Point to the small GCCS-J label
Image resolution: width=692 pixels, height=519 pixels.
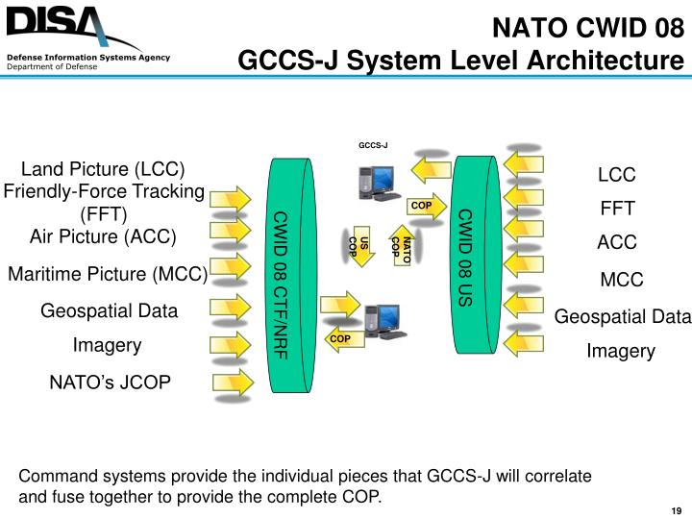[x=373, y=146]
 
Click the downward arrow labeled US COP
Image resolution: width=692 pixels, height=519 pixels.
[x=356, y=247]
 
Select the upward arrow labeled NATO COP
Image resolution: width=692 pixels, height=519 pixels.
[x=402, y=247]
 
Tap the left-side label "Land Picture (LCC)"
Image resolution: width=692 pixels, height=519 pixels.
[x=103, y=169]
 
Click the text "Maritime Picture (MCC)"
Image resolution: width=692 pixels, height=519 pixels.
[x=108, y=274]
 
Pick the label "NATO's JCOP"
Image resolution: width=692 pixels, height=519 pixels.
[x=110, y=383]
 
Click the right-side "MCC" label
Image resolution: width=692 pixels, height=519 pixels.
[x=621, y=280]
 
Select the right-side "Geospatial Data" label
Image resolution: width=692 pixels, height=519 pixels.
[x=623, y=317]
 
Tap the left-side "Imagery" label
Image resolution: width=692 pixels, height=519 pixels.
[x=108, y=345]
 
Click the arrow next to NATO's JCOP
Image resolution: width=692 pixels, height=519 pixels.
[x=232, y=382]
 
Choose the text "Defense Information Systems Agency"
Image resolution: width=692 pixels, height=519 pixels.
[x=88, y=58]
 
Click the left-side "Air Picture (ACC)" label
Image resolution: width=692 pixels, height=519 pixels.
[x=104, y=235]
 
